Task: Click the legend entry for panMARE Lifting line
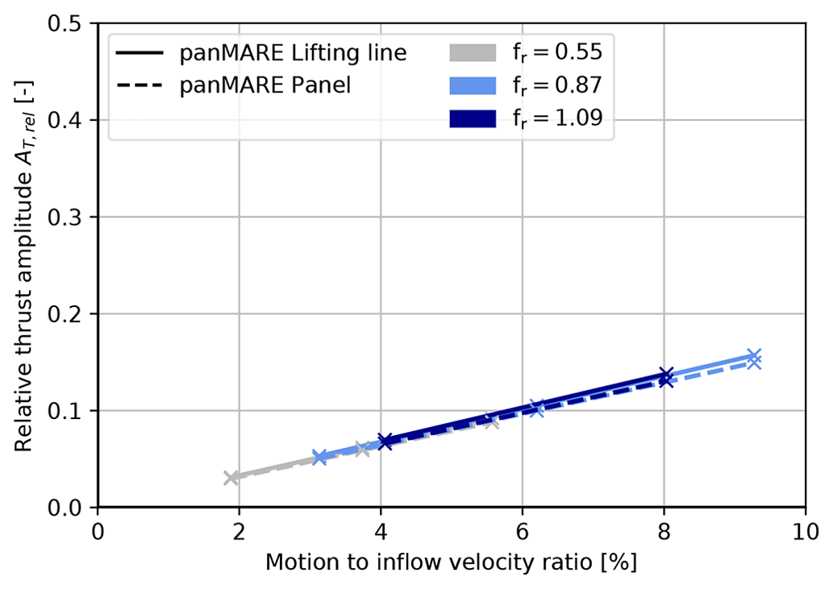pyautogui.click(x=293, y=54)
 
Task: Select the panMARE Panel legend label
pyautogui.click(x=265, y=85)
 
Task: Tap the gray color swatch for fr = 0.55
pyautogui.click(x=472, y=54)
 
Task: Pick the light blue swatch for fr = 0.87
pyautogui.click(x=472, y=85)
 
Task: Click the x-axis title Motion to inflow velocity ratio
pyautogui.click(x=452, y=562)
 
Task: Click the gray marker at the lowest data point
pyautogui.click(x=231, y=478)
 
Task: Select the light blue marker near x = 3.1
pyautogui.click(x=319, y=457)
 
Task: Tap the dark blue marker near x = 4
pyautogui.click(x=385, y=442)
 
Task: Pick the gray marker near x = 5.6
pyautogui.click(x=492, y=421)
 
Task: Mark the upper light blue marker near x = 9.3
pyautogui.click(x=754, y=355)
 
